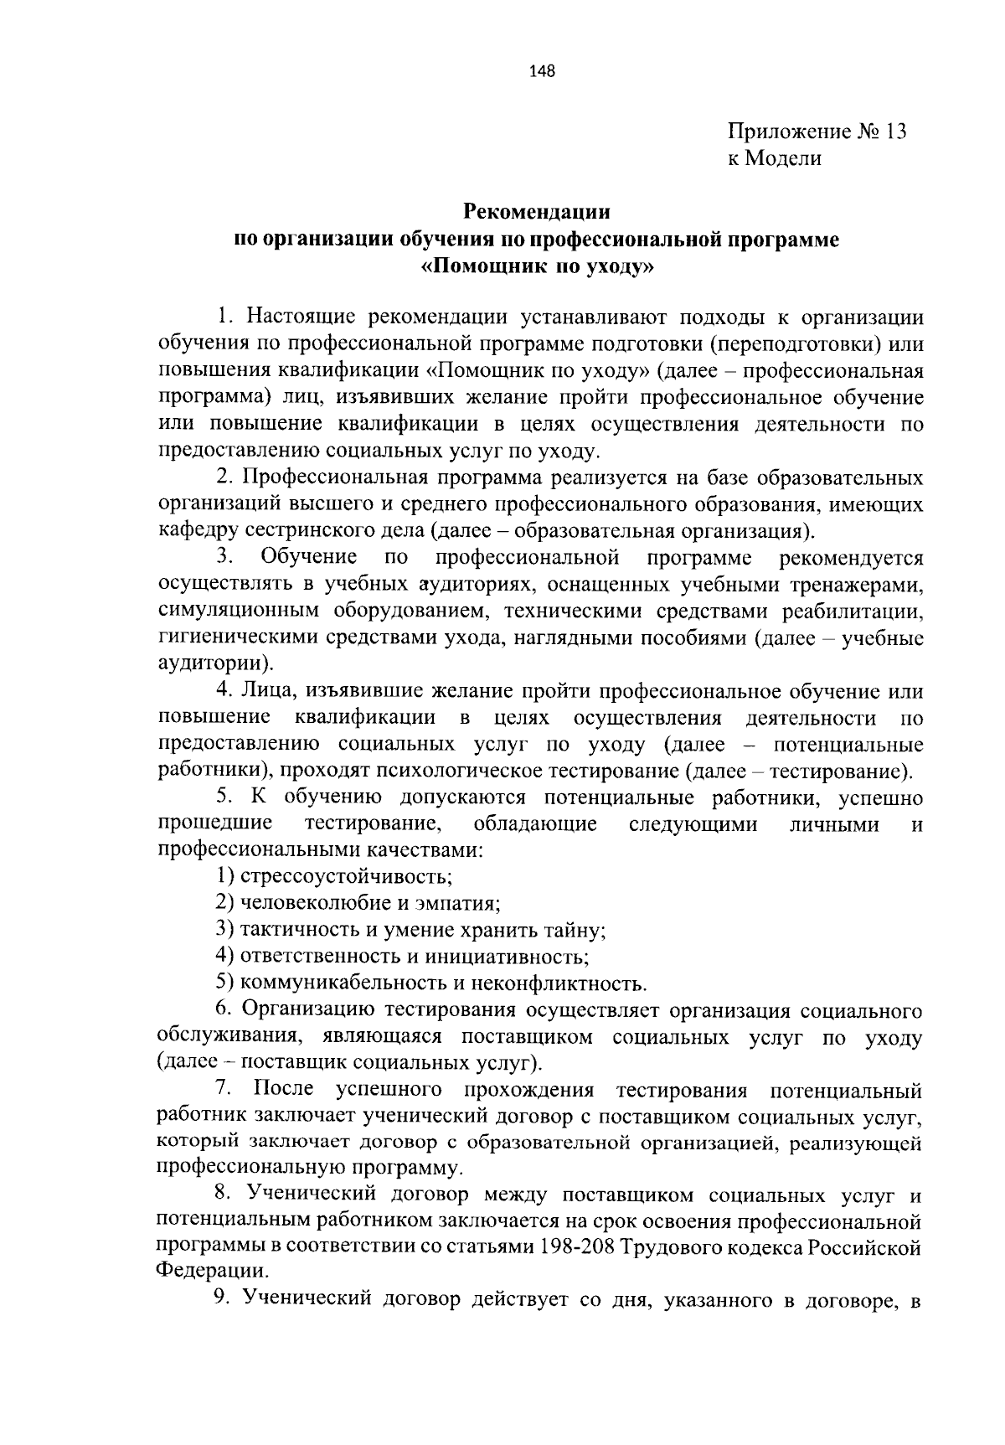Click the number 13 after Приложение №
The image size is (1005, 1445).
[x=894, y=132]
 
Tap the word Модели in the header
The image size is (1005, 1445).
[x=785, y=158]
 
